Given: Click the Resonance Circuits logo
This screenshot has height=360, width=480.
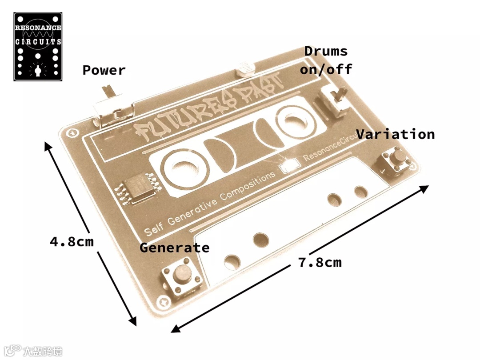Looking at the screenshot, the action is [38, 47].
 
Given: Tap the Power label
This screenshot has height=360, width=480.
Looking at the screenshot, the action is [104, 70].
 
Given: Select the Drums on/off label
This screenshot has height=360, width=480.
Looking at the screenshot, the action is [326, 60].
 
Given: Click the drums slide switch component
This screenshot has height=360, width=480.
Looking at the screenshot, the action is [335, 100].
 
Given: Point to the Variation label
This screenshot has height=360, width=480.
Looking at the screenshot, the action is [395, 134].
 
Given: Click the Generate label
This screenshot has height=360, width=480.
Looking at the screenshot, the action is [174, 248].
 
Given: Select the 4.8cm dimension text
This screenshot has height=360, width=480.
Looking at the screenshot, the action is [72, 242].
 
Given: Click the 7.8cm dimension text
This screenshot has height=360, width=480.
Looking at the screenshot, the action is [320, 262].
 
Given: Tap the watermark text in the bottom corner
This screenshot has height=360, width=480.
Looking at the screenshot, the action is [33, 351].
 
